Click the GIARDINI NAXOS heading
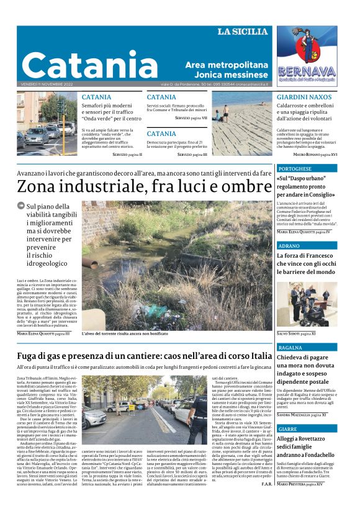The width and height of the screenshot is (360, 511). [304, 97]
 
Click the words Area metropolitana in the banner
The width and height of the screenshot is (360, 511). [227, 65]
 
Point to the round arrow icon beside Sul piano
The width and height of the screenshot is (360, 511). [21, 206]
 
